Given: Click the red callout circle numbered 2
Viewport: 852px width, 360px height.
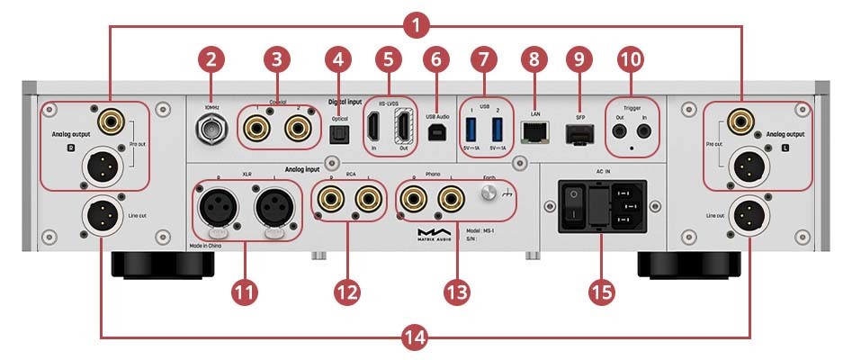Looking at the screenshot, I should coord(211,60).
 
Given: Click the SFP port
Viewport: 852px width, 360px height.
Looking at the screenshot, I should coord(576,131).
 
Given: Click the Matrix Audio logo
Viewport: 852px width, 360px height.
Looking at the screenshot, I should coord(430,236).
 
